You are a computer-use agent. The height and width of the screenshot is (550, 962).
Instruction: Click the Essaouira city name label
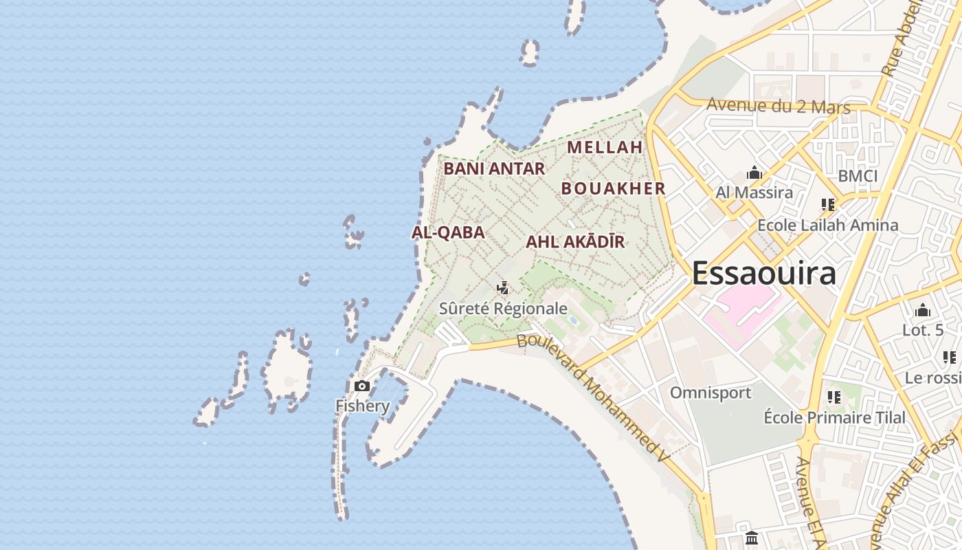[x=763, y=273]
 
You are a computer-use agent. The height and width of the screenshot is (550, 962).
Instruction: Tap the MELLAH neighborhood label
[x=605, y=147]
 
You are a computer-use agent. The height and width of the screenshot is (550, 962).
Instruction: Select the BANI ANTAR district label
[x=494, y=168]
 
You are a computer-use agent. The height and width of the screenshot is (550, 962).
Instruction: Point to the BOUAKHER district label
[x=613, y=188]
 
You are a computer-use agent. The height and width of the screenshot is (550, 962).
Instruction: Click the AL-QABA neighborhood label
[x=448, y=232]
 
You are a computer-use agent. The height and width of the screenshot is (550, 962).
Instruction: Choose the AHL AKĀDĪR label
[x=575, y=242]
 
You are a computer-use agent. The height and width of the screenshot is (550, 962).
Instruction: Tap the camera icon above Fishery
[x=362, y=386]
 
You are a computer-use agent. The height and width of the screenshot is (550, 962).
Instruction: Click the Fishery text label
[x=362, y=406]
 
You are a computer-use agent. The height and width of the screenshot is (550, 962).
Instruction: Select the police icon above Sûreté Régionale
[x=503, y=288]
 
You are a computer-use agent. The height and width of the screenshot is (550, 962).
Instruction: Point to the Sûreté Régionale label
[x=503, y=309]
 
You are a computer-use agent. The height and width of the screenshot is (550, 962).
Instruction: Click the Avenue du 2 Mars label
[x=778, y=107]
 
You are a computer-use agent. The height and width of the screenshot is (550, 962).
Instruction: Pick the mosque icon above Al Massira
[x=754, y=173]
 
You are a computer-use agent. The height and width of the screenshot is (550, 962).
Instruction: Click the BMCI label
[x=858, y=176]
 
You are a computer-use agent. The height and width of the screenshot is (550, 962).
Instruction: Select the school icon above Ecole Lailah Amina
[x=828, y=205]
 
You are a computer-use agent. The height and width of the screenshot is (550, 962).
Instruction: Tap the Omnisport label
[x=711, y=393]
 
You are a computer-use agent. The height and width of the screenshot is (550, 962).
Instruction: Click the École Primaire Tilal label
[x=834, y=417]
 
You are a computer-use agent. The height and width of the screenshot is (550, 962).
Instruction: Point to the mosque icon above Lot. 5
[x=923, y=311]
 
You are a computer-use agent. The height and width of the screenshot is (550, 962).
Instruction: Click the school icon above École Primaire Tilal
[x=834, y=397]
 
